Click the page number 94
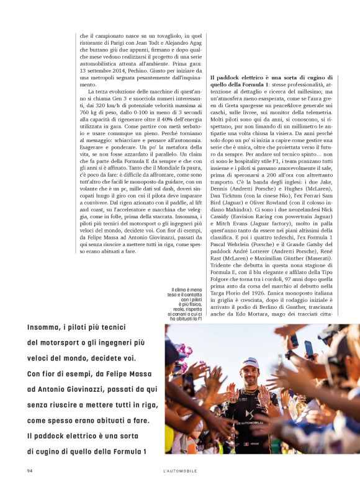coord(30,471)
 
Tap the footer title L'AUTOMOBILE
coord(176,471)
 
